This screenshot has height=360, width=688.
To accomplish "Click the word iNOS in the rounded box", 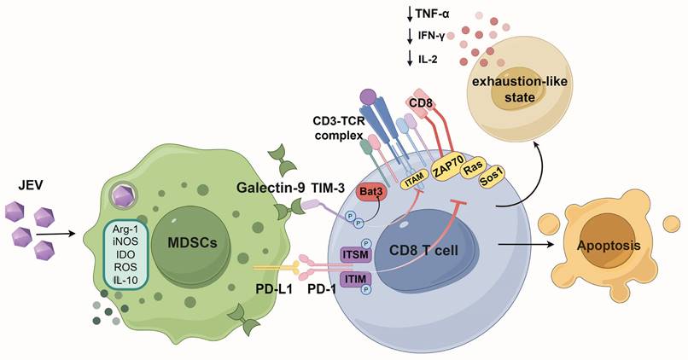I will tap(122, 243).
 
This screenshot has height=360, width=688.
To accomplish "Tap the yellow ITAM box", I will tap(414, 181).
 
